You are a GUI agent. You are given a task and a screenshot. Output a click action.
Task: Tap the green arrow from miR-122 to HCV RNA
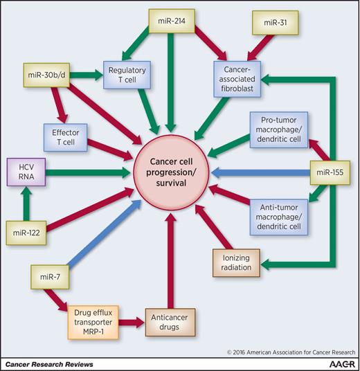tap(25, 201)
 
